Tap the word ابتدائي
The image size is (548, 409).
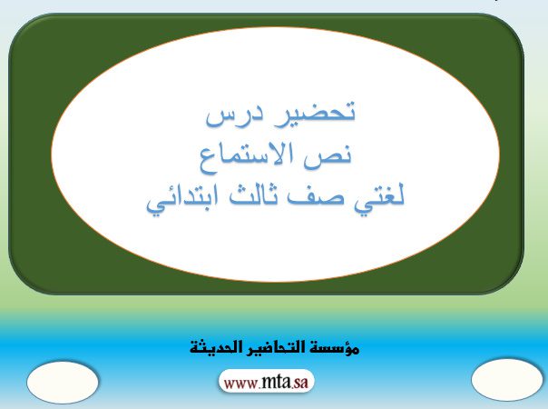(182, 200)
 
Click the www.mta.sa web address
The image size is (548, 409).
(267, 382)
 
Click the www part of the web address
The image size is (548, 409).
(240, 384)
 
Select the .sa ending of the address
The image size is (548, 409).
(300, 383)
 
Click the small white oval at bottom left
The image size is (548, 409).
(63, 382)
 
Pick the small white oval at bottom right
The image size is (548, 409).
(507, 379)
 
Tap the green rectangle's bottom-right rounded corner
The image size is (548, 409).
(513, 283)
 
